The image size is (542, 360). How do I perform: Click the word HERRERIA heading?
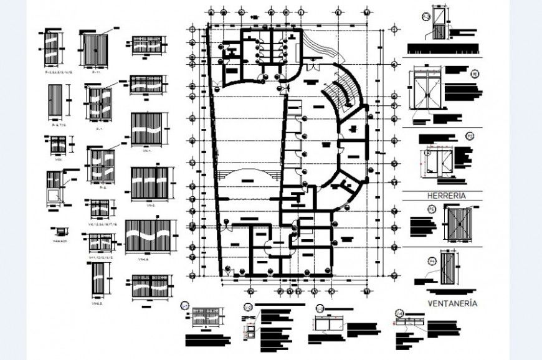click(x=446, y=196)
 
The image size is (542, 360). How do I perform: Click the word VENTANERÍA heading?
click(x=452, y=303)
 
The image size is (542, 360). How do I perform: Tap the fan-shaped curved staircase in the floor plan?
click(x=345, y=90)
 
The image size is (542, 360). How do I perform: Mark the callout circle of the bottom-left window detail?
click(x=185, y=305)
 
